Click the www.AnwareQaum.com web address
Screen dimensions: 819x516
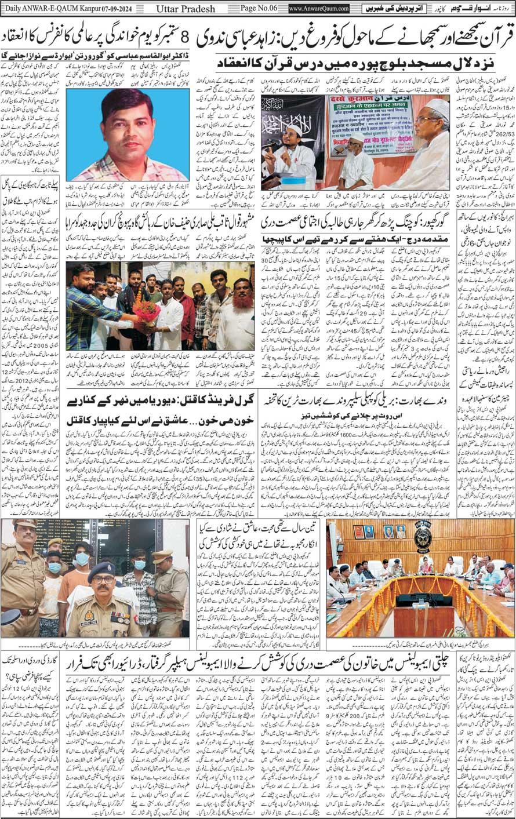click(x=319, y=8)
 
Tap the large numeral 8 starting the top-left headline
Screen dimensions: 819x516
click(x=185, y=38)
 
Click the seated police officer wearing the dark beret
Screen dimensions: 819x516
click(x=104, y=603)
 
